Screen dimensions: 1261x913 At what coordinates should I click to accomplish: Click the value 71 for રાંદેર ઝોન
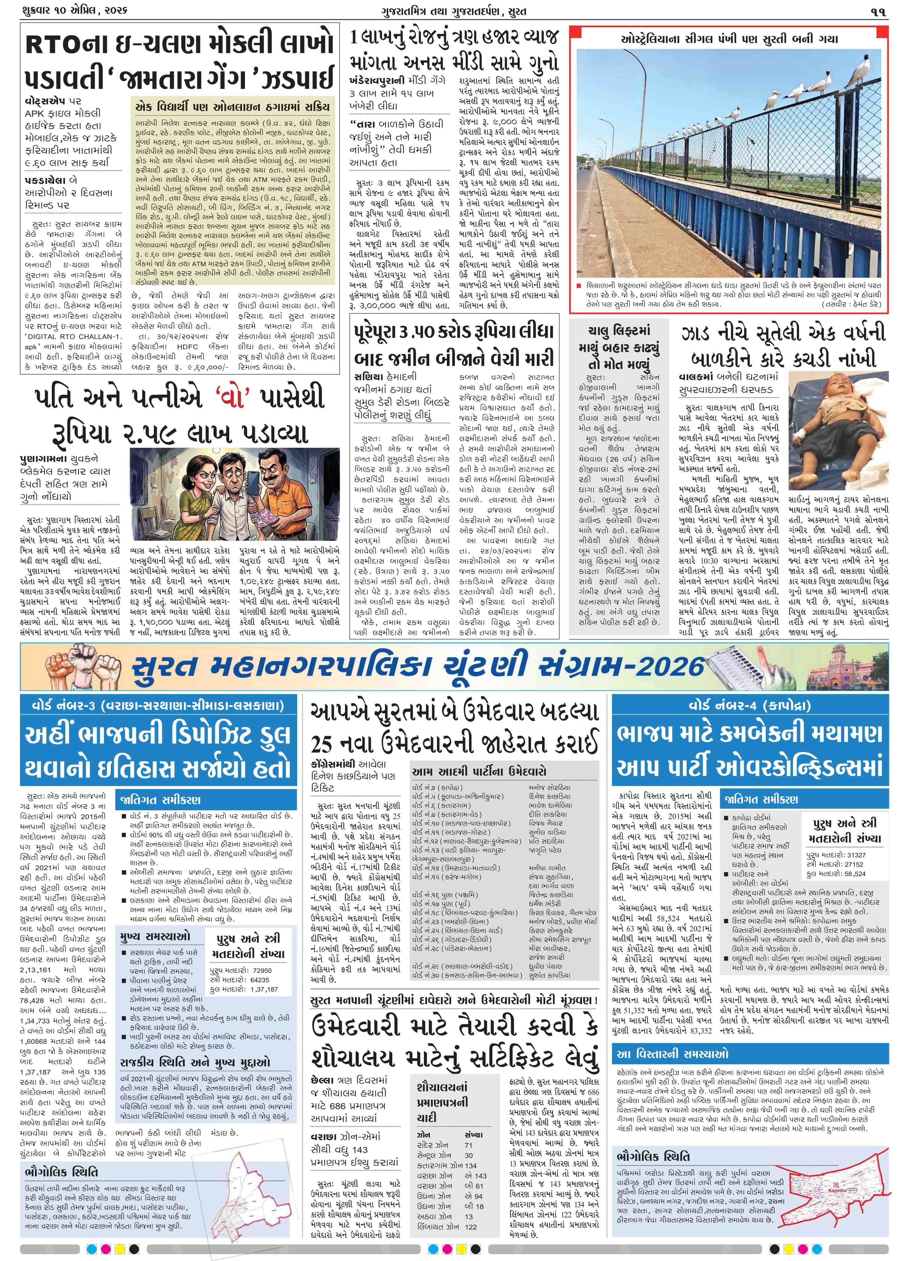point(468,1130)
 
